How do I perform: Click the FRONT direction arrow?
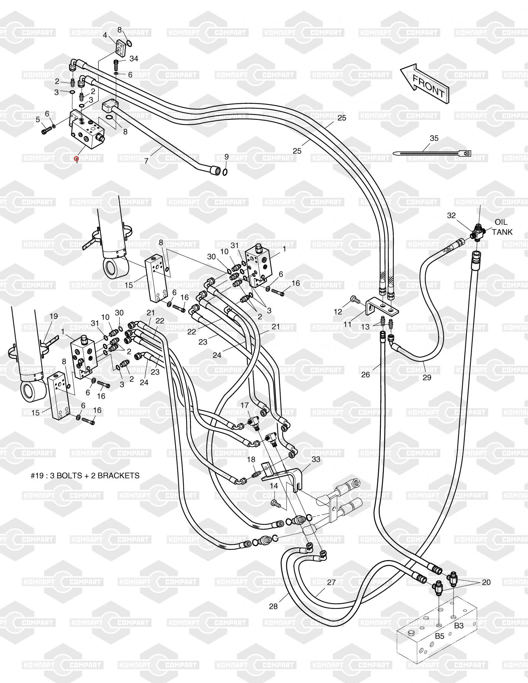426,83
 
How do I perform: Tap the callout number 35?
434,138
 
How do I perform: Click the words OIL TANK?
502,227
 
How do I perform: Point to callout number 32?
451,215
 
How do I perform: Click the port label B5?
440,637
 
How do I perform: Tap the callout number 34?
134,59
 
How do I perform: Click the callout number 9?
226,157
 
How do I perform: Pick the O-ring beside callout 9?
225,171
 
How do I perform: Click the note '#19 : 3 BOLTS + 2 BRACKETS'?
85,476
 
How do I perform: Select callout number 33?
316,459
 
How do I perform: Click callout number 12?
338,311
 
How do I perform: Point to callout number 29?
427,377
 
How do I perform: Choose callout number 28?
273,607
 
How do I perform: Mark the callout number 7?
147,161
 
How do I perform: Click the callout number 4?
105,35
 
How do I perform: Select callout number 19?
54,316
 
